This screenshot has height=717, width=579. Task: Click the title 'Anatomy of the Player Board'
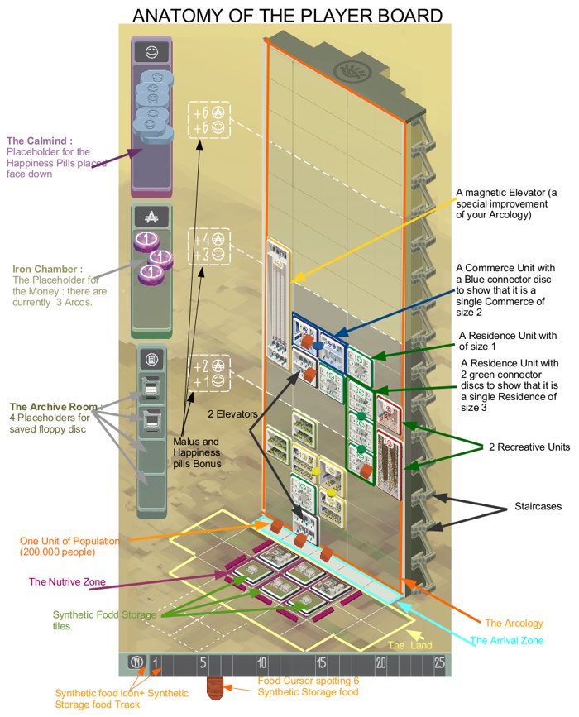click(x=287, y=16)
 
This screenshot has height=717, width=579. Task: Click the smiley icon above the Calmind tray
click(x=152, y=52)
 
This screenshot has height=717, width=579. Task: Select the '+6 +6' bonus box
click(x=209, y=120)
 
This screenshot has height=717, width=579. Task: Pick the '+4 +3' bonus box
click(x=209, y=246)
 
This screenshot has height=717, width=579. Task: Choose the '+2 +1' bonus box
click(x=209, y=373)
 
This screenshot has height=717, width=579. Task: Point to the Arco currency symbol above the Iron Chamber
click(x=151, y=217)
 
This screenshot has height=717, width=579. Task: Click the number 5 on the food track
click(x=203, y=662)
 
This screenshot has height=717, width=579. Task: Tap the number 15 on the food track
click(x=322, y=662)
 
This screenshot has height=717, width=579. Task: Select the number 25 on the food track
click(x=439, y=662)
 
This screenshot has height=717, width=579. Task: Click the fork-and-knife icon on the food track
click(x=136, y=662)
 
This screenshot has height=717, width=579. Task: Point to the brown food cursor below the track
click(x=214, y=688)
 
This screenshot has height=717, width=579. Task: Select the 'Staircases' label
click(x=538, y=506)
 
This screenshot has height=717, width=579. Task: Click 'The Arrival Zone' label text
click(x=507, y=640)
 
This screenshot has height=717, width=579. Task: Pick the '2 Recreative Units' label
click(x=529, y=447)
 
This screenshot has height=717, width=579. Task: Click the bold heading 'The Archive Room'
click(x=54, y=407)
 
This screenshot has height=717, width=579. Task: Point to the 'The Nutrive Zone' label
click(x=67, y=581)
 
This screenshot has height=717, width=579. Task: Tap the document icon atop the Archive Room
click(x=152, y=360)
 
